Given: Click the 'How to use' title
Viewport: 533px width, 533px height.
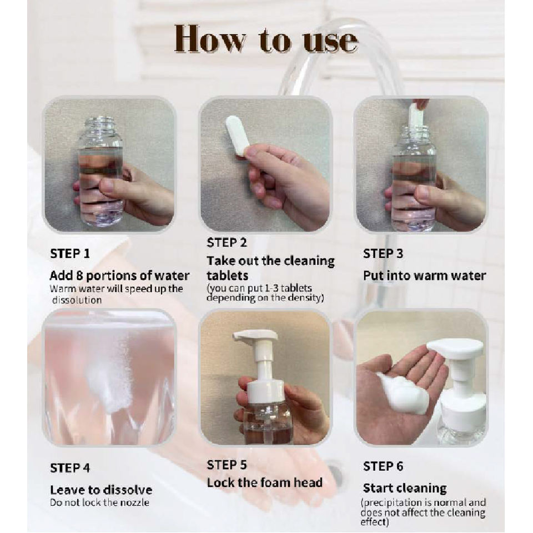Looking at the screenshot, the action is tap(266, 39).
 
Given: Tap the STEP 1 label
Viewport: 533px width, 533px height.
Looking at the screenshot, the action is tap(70, 254).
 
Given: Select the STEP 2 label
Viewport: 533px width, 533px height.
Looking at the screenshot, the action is tap(227, 243).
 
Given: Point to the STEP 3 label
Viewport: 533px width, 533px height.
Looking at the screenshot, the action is tap(383, 254).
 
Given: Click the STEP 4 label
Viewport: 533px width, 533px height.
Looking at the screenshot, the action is tap(70, 468).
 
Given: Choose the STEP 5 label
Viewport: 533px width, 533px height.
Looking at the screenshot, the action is tap(227, 465).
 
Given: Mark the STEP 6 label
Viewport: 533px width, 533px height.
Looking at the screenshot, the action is tap(383, 466).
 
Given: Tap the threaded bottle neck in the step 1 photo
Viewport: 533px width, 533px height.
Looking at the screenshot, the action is tap(100, 123).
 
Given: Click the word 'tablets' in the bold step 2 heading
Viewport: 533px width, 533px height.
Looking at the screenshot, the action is tap(228, 275).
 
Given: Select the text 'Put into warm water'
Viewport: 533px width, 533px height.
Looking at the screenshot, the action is tap(425, 275).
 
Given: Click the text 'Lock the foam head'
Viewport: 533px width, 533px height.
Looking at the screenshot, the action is tap(264, 482).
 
